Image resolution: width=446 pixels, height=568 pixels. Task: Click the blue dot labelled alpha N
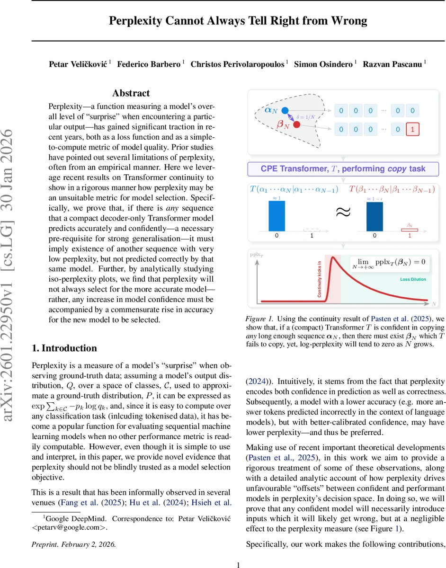click(x=285, y=111)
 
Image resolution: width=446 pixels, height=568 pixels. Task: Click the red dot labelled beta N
click(x=296, y=125)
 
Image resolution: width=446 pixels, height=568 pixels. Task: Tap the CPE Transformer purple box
click(x=343, y=169)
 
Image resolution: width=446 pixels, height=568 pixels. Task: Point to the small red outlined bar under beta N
click(x=410, y=230)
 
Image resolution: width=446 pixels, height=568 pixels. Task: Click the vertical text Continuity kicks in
click(x=320, y=279)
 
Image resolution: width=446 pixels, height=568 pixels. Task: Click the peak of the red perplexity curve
click(x=333, y=258)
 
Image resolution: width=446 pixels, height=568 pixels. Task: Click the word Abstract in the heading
click(x=131, y=93)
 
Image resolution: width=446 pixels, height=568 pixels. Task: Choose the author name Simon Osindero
click(x=324, y=64)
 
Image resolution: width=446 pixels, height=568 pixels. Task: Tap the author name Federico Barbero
click(x=148, y=64)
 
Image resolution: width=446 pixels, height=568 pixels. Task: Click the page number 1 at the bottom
click(x=239, y=564)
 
